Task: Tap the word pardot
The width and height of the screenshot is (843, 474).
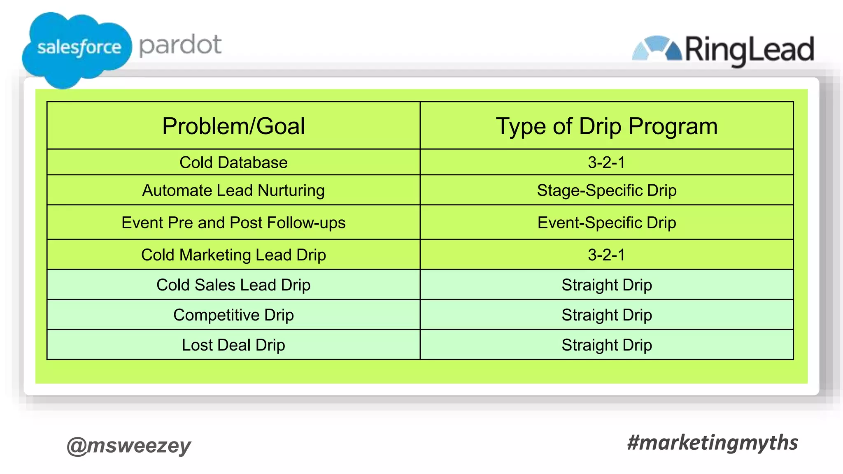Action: point(180,45)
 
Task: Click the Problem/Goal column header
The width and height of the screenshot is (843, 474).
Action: point(233,126)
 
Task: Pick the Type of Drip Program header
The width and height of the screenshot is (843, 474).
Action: point(606,126)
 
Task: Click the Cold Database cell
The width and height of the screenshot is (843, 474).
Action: point(233,163)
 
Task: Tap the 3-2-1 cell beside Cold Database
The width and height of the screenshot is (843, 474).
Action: point(606,163)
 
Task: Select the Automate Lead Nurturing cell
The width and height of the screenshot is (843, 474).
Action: point(233,191)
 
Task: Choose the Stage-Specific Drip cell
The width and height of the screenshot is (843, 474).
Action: point(606,191)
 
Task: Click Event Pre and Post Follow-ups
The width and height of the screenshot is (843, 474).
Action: point(233,223)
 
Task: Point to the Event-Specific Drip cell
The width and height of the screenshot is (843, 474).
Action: point(606,223)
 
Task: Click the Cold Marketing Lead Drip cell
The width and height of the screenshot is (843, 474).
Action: point(233,255)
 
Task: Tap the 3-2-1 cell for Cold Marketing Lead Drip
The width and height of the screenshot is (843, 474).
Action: point(606,255)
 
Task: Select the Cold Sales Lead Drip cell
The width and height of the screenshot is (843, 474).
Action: point(233,285)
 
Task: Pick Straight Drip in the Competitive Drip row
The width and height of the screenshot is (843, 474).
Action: point(606,315)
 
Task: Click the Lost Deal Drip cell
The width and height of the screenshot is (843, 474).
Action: point(233,345)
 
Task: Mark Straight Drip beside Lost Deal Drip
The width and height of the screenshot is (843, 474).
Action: point(606,345)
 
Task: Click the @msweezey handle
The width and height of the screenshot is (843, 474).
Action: point(129,445)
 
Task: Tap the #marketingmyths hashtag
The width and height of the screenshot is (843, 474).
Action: point(712,443)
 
